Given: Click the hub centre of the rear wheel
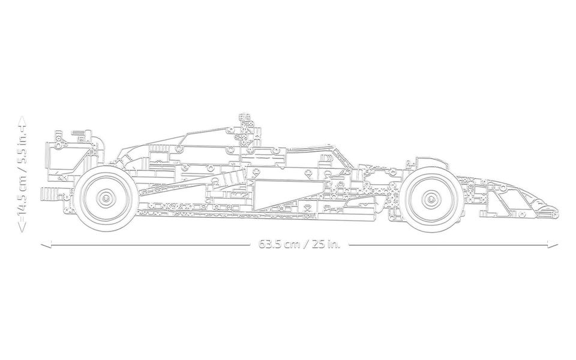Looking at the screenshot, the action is (106, 197).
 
